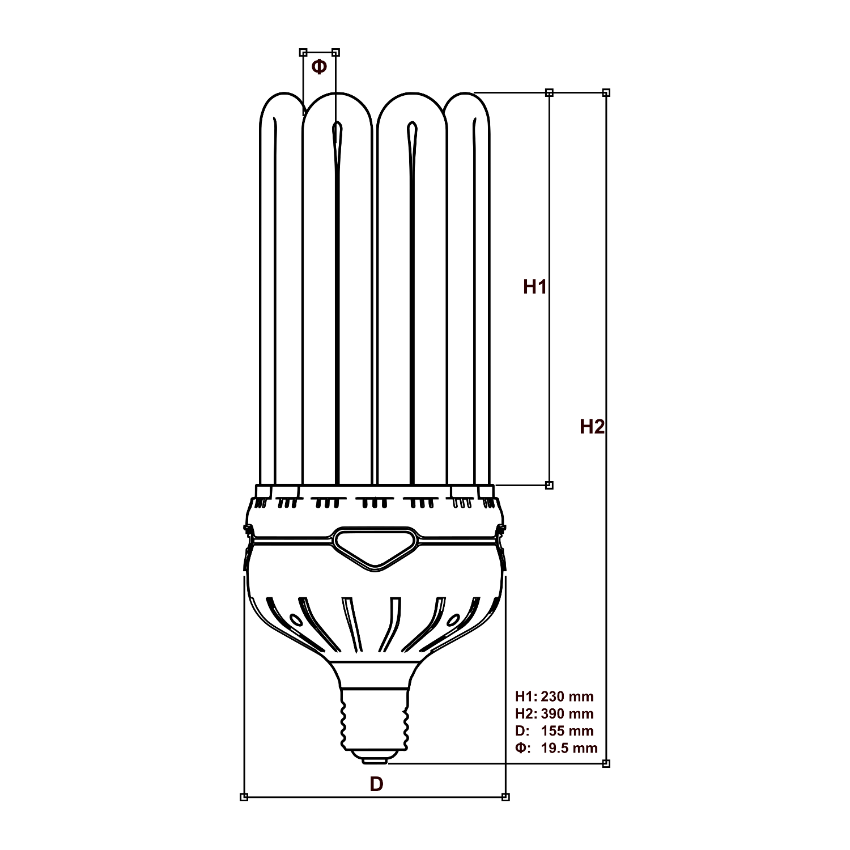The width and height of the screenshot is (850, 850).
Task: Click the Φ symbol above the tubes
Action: pyautogui.click(x=319, y=66)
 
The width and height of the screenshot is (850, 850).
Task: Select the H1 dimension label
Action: pyautogui.click(x=534, y=287)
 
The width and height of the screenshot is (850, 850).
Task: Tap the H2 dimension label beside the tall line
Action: pyautogui.click(x=592, y=426)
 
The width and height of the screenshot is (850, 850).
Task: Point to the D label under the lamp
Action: pyautogui.click(x=376, y=784)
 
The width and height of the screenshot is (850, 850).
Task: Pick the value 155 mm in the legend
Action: pyautogui.click(x=567, y=731)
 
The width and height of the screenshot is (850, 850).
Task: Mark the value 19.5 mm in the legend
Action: pyautogui.click(x=569, y=748)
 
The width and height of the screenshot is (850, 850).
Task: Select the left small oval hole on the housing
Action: pyautogui.click(x=295, y=619)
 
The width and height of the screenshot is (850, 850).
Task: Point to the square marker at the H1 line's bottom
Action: pyautogui.click(x=549, y=485)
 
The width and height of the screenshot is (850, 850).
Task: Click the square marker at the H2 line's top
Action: pyautogui.click(x=606, y=92)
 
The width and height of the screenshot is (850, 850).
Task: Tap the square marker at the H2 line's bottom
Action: pyautogui.click(x=606, y=763)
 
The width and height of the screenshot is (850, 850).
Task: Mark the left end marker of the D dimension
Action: pyautogui.click(x=244, y=797)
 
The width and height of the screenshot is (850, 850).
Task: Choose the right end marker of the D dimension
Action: pyautogui.click(x=505, y=797)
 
